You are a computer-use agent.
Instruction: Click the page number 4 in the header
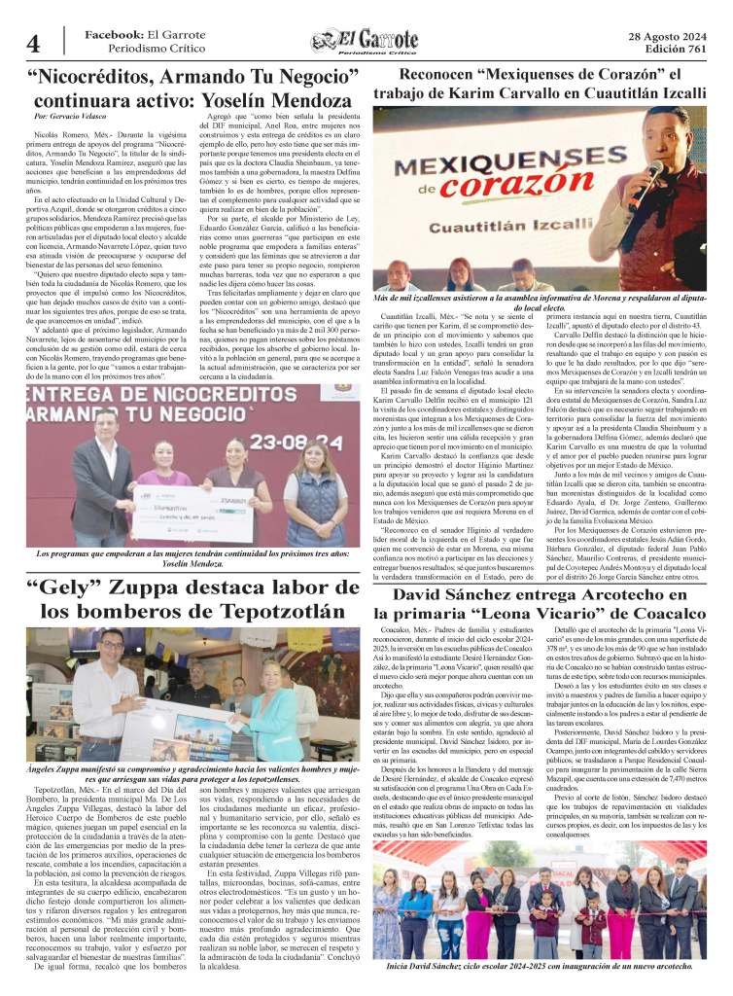pos(33,44)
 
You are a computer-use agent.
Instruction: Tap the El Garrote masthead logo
pos(366,42)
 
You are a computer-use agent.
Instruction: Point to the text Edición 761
pos(673,50)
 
